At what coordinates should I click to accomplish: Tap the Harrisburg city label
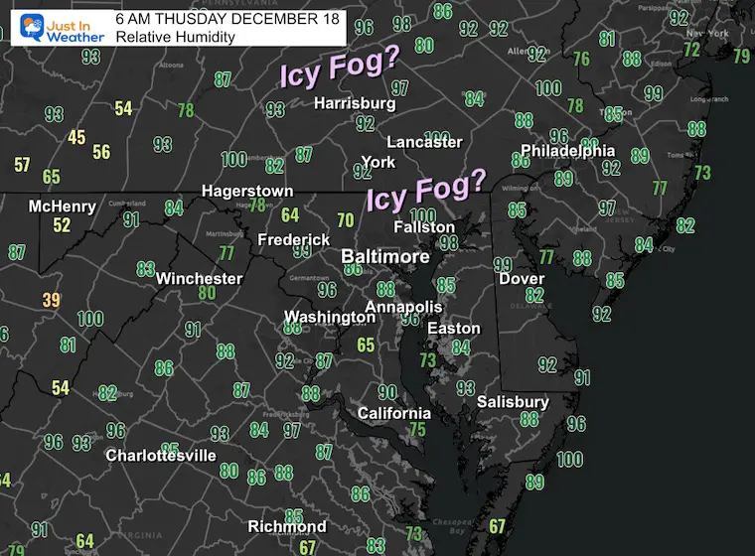pos(355,103)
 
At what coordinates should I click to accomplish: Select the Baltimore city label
pos(385,257)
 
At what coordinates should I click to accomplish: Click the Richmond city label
pos(287,526)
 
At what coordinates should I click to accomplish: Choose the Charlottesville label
pos(162,456)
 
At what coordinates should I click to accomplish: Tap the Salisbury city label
pos(513,402)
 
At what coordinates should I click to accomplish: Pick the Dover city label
pos(521,279)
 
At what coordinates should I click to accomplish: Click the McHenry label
pos(63,207)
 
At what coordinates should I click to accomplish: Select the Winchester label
pos(199,278)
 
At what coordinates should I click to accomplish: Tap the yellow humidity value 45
pos(76,137)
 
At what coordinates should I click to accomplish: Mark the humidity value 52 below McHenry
pos(63,225)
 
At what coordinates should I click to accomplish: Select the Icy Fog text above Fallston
pos(427,190)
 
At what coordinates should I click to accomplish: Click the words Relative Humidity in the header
pos(175,37)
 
